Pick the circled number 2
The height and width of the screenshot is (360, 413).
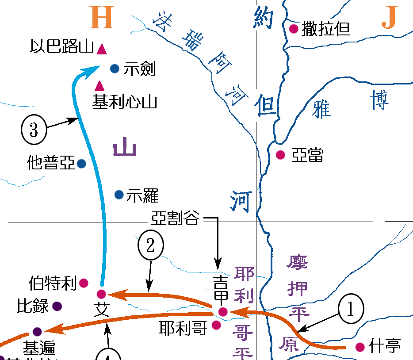point(150,246)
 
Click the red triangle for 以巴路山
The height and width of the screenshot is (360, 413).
point(102,50)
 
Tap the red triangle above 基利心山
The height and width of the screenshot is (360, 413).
point(100,86)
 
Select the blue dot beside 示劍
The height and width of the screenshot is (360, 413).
point(115,68)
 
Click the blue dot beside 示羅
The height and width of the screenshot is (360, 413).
point(119,195)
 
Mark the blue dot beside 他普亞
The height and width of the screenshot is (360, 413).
point(81,164)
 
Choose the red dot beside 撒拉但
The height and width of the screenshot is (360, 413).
point(293,29)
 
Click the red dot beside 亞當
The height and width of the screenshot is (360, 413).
point(280,155)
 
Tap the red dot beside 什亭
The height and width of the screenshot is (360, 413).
point(360,347)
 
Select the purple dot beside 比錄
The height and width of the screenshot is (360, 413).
point(57,306)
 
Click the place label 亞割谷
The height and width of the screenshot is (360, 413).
point(175,218)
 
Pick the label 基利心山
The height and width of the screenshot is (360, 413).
point(125,103)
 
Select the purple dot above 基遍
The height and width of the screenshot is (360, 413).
point(37,331)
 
